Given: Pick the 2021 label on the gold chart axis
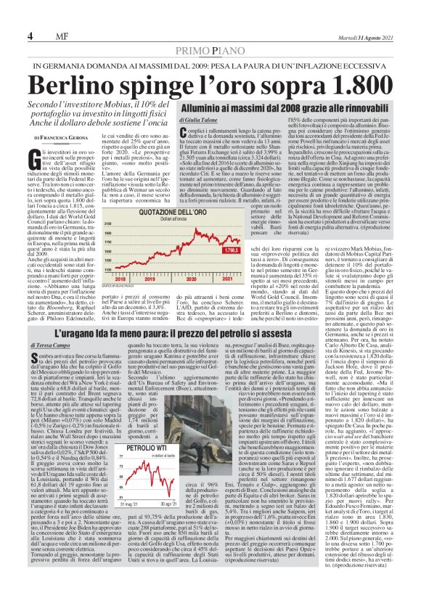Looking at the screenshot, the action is click(x=205, y=278).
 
